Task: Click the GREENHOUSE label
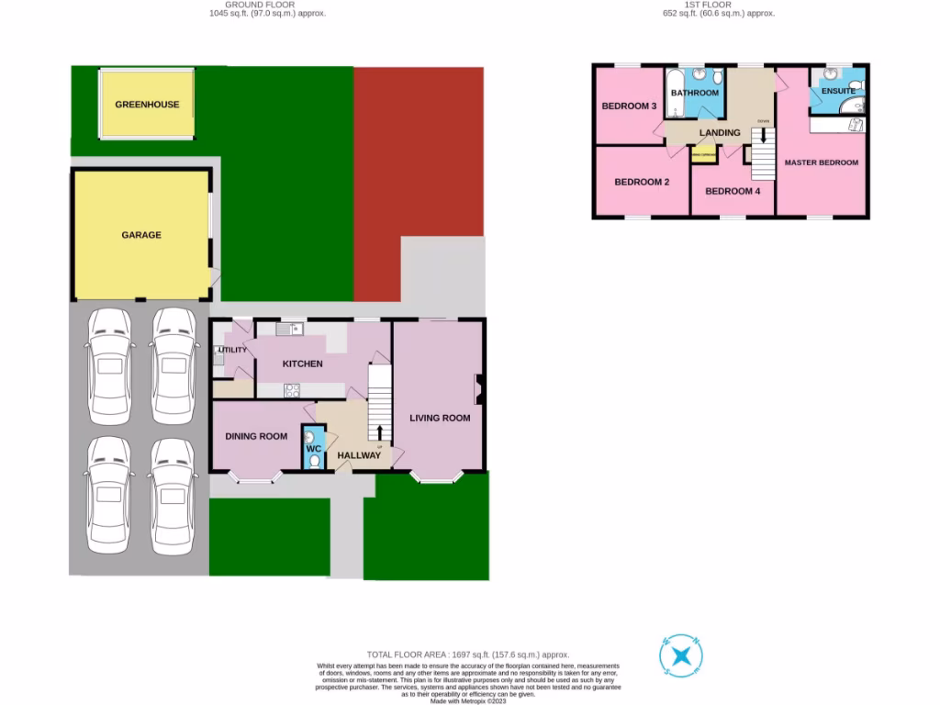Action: tap(147, 105)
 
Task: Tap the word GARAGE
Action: tap(141, 235)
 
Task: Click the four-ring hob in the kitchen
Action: tap(292, 389)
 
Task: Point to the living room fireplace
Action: tap(477, 389)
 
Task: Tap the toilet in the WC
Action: tap(315, 463)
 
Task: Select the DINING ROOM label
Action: tap(256, 436)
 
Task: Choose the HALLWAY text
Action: tap(358, 455)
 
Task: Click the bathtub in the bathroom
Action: tap(676, 95)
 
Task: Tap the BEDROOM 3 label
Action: tap(629, 106)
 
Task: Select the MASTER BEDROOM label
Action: tap(821, 162)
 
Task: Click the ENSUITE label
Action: tap(838, 91)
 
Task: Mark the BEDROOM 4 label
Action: tap(732, 191)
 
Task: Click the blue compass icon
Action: tap(681, 656)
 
